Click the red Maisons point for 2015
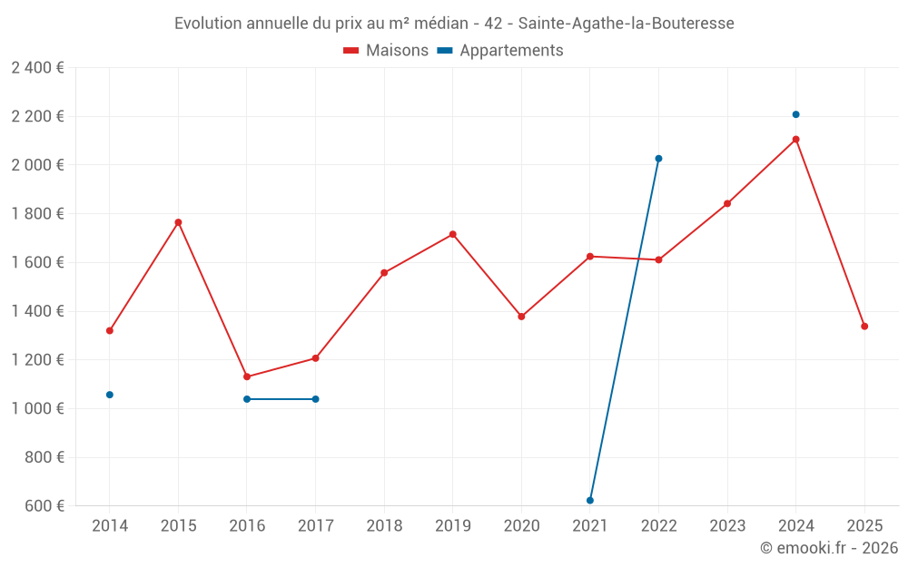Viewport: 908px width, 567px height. point(178,222)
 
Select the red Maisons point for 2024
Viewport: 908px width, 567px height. point(795,140)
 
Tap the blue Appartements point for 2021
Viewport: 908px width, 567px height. point(590,501)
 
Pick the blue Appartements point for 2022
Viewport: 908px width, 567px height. point(658,159)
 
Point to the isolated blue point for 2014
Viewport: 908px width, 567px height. point(110,395)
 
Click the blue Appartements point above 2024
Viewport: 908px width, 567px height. point(795,114)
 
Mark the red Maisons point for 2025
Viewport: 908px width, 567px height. point(864,327)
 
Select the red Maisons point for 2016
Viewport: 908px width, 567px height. point(247,376)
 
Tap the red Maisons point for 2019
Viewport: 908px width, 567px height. point(452,234)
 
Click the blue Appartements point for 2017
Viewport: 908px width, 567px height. point(315,399)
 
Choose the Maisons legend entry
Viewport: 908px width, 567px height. point(386,51)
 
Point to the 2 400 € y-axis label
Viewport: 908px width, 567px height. point(38,68)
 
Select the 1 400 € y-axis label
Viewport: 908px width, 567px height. point(38,311)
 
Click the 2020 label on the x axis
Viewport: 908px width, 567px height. point(521,526)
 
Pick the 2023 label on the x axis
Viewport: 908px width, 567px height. point(727,526)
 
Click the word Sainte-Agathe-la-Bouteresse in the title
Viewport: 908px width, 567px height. point(626,24)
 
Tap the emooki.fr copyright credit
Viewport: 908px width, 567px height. point(829,548)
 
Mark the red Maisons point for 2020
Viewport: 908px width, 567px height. point(521,317)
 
